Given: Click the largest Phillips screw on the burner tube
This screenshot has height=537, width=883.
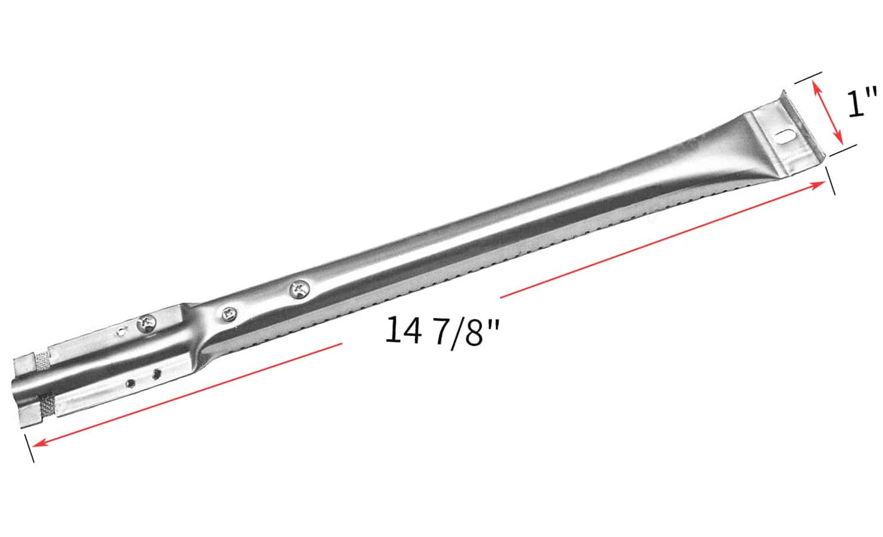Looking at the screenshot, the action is pos(299,290).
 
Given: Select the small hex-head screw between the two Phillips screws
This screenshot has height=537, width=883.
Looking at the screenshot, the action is pos(228,314).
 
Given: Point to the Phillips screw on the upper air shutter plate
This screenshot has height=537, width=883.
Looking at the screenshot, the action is pos(146,324).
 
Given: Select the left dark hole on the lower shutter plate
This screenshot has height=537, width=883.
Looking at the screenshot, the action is pos(130,383).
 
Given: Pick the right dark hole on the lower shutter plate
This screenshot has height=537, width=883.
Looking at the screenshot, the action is pos(157,374).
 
